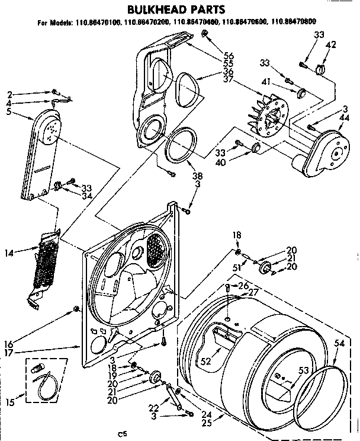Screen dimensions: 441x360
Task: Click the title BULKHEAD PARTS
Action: click(x=173, y=9)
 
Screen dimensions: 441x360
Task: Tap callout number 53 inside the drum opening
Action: click(x=303, y=371)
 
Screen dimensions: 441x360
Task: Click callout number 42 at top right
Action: click(x=331, y=44)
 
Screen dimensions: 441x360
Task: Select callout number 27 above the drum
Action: click(x=253, y=292)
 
